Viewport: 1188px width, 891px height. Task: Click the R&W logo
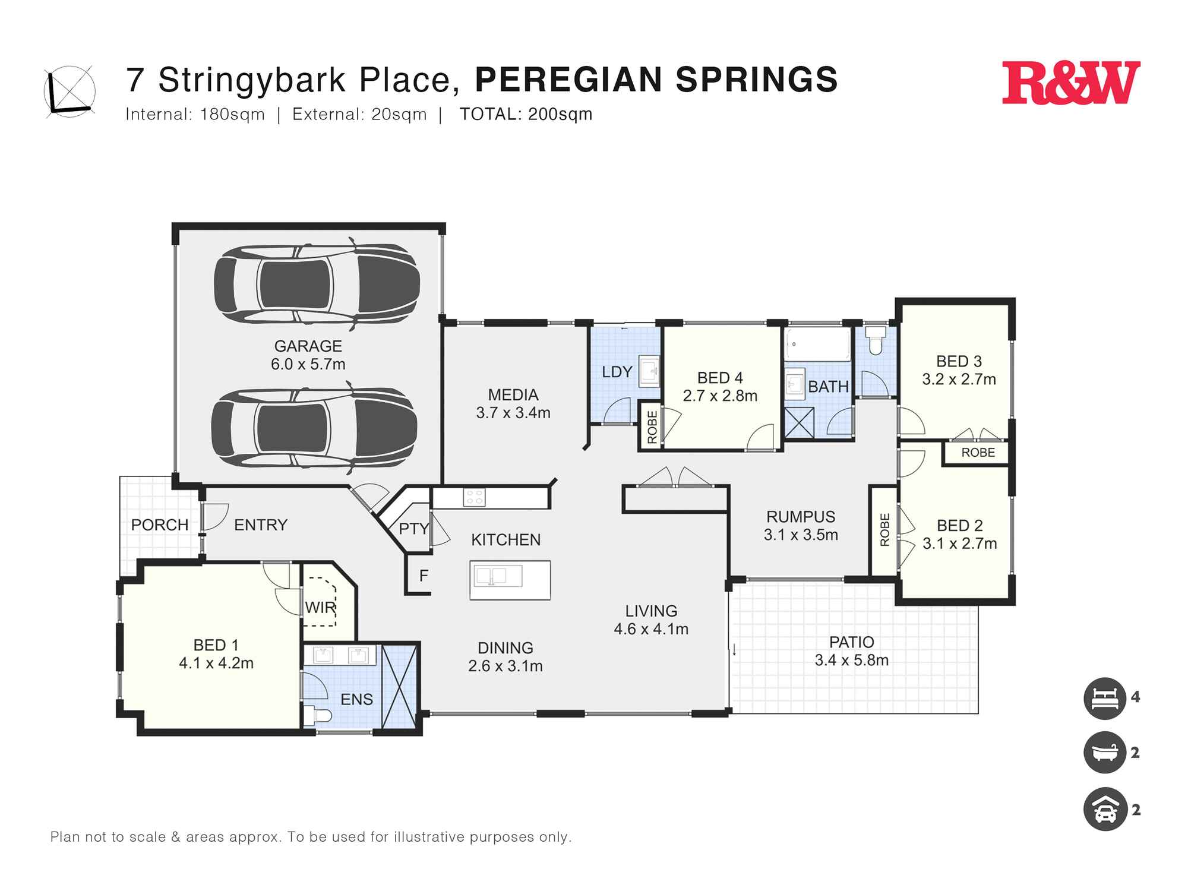click(x=1071, y=83)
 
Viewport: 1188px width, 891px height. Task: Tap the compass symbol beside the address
click(x=69, y=91)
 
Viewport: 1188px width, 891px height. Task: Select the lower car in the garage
click(x=314, y=427)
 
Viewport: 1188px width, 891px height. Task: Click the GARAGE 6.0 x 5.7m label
click(x=308, y=355)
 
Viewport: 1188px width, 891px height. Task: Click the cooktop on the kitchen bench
click(x=474, y=497)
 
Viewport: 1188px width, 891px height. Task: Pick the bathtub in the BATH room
click(x=817, y=345)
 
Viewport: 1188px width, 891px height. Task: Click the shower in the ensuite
click(x=399, y=687)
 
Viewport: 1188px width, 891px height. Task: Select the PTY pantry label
click(x=413, y=529)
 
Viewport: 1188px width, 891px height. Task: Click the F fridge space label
click(x=424, y=576)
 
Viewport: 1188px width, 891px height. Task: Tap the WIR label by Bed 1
click(x=321, y=608)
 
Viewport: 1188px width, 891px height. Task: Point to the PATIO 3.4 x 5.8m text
click(x=851, y=651)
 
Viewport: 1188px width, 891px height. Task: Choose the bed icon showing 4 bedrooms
click(x=1104, y=698)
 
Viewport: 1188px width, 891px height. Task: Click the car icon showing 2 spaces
click(x=1104, y=809)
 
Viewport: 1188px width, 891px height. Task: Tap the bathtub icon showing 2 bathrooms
click(x=1104, y=753)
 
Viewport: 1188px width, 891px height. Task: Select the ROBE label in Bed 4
click(x=652, y=426)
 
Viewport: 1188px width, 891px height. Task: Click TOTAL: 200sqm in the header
click(x=526, y=114)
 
